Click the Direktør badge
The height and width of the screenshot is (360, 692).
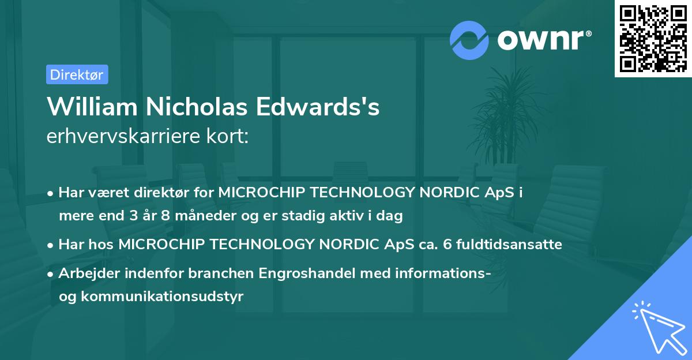(x=77, y=74)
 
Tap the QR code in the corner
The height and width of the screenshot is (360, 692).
(x=653, y=38)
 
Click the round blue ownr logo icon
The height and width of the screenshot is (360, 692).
(x=469, y=40)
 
